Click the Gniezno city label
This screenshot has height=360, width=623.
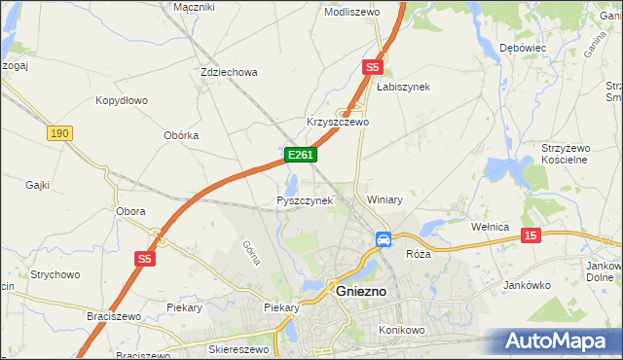tap(361, 291)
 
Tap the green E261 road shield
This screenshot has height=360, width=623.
tap(300, 155)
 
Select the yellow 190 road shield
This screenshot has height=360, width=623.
tap(59, 132)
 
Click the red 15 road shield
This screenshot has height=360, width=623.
tap(531, 235)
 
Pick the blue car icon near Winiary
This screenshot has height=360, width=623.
tap(384, 238)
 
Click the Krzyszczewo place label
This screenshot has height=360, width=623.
tap(338, 123)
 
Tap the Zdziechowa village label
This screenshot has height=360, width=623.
tap(228, 72)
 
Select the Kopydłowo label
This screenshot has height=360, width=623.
tap(121, 100)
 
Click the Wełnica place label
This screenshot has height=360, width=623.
tap(491, 227)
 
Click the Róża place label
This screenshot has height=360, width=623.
tap(418, 253)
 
